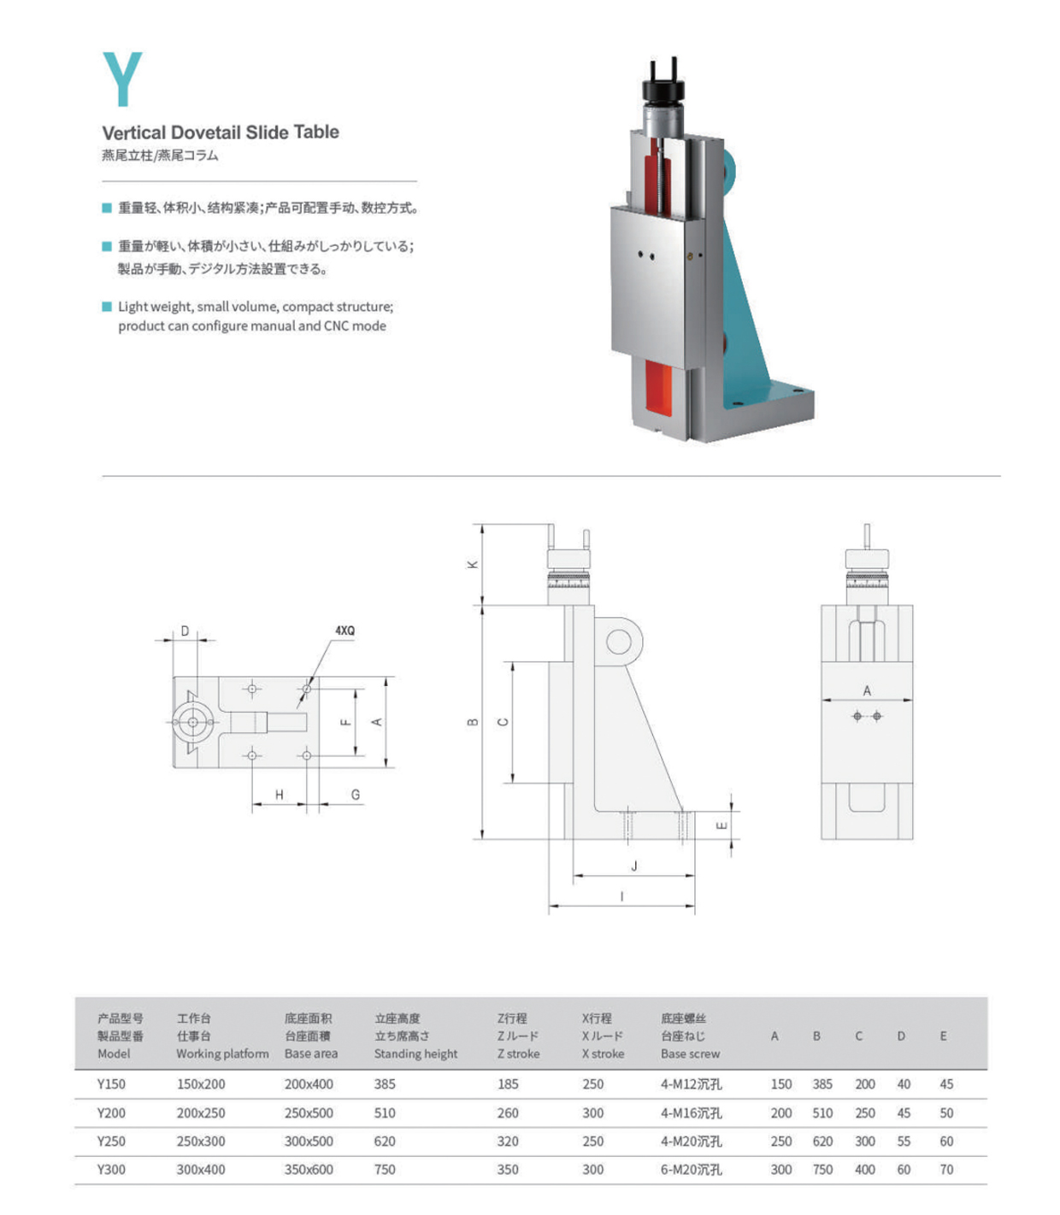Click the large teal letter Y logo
(122, 79)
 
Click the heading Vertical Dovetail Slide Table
(221, 132)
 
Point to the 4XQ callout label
(344, 631)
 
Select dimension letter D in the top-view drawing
(185, 631)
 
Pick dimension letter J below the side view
(634, 866)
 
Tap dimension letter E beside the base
(721, 825)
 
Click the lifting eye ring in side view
(618, 642)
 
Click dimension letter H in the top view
(279, 795)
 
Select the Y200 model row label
(111, 1112)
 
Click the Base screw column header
(690, 1054)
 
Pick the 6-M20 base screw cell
(691, 1169)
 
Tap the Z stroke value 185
(508, 1083)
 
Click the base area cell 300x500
(309, 1141)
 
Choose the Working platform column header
(222, 1054)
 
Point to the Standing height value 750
(385, 1169)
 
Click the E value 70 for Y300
(946, 1169)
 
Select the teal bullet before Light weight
(107, 306)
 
